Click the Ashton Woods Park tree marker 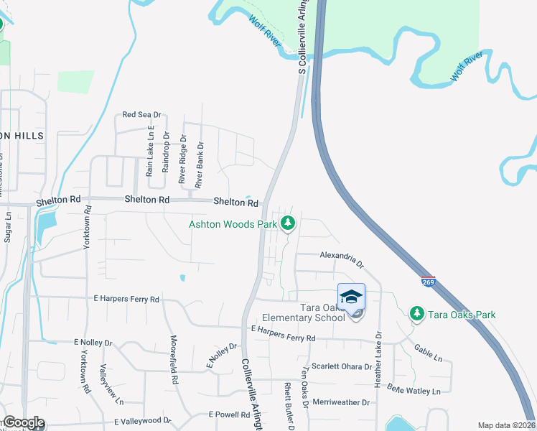[288, 224]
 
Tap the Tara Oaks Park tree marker [416, 314]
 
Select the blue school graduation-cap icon [351, 297]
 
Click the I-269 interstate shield [429, 282]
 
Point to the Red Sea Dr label [142, 115]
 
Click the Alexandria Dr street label [342, 255]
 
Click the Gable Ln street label [428, 352]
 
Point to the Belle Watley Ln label [414, 391]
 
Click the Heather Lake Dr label [378, 360]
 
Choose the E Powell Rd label [228, 414]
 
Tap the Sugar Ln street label [8, 226]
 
